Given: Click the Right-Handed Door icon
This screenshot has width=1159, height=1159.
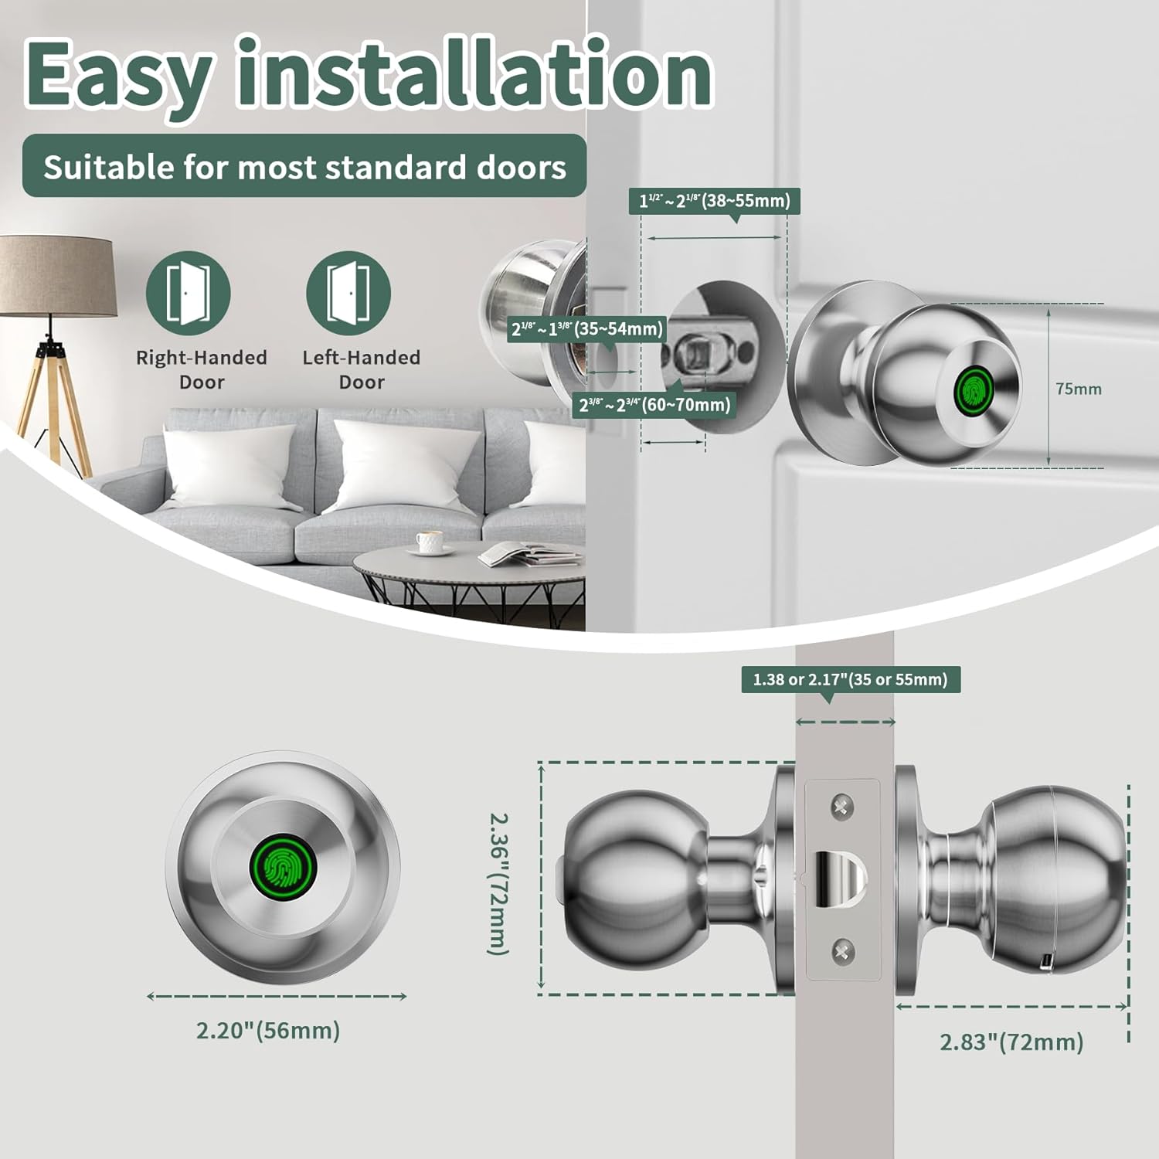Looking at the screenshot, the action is coord(189,293).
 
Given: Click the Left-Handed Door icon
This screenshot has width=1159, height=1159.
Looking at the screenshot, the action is coord(348,293).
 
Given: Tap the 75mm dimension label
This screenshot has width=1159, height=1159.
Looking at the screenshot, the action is coord(1079,389).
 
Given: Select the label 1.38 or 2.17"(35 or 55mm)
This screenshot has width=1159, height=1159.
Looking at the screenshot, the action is coord(851,679).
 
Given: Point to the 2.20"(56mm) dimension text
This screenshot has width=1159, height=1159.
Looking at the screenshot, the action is coord(268,1030).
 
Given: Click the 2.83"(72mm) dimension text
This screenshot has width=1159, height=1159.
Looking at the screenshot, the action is coord(1011,1042).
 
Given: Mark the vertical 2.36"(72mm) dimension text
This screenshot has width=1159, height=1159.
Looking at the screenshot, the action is coord(499,883).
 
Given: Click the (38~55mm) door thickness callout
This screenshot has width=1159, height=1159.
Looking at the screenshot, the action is coord(715,201).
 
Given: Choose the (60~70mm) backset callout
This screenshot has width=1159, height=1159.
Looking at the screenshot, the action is coord(655,404).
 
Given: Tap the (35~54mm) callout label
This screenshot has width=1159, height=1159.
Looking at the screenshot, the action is coord(587,328).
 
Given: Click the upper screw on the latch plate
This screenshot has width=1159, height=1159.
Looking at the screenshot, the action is coord(842,808).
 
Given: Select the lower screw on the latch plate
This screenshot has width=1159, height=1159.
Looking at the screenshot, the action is coord(842,952).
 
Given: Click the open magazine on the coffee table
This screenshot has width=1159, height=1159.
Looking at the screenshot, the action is coord(529,553).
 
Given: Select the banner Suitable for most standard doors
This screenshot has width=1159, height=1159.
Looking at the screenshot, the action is coord(304,166).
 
